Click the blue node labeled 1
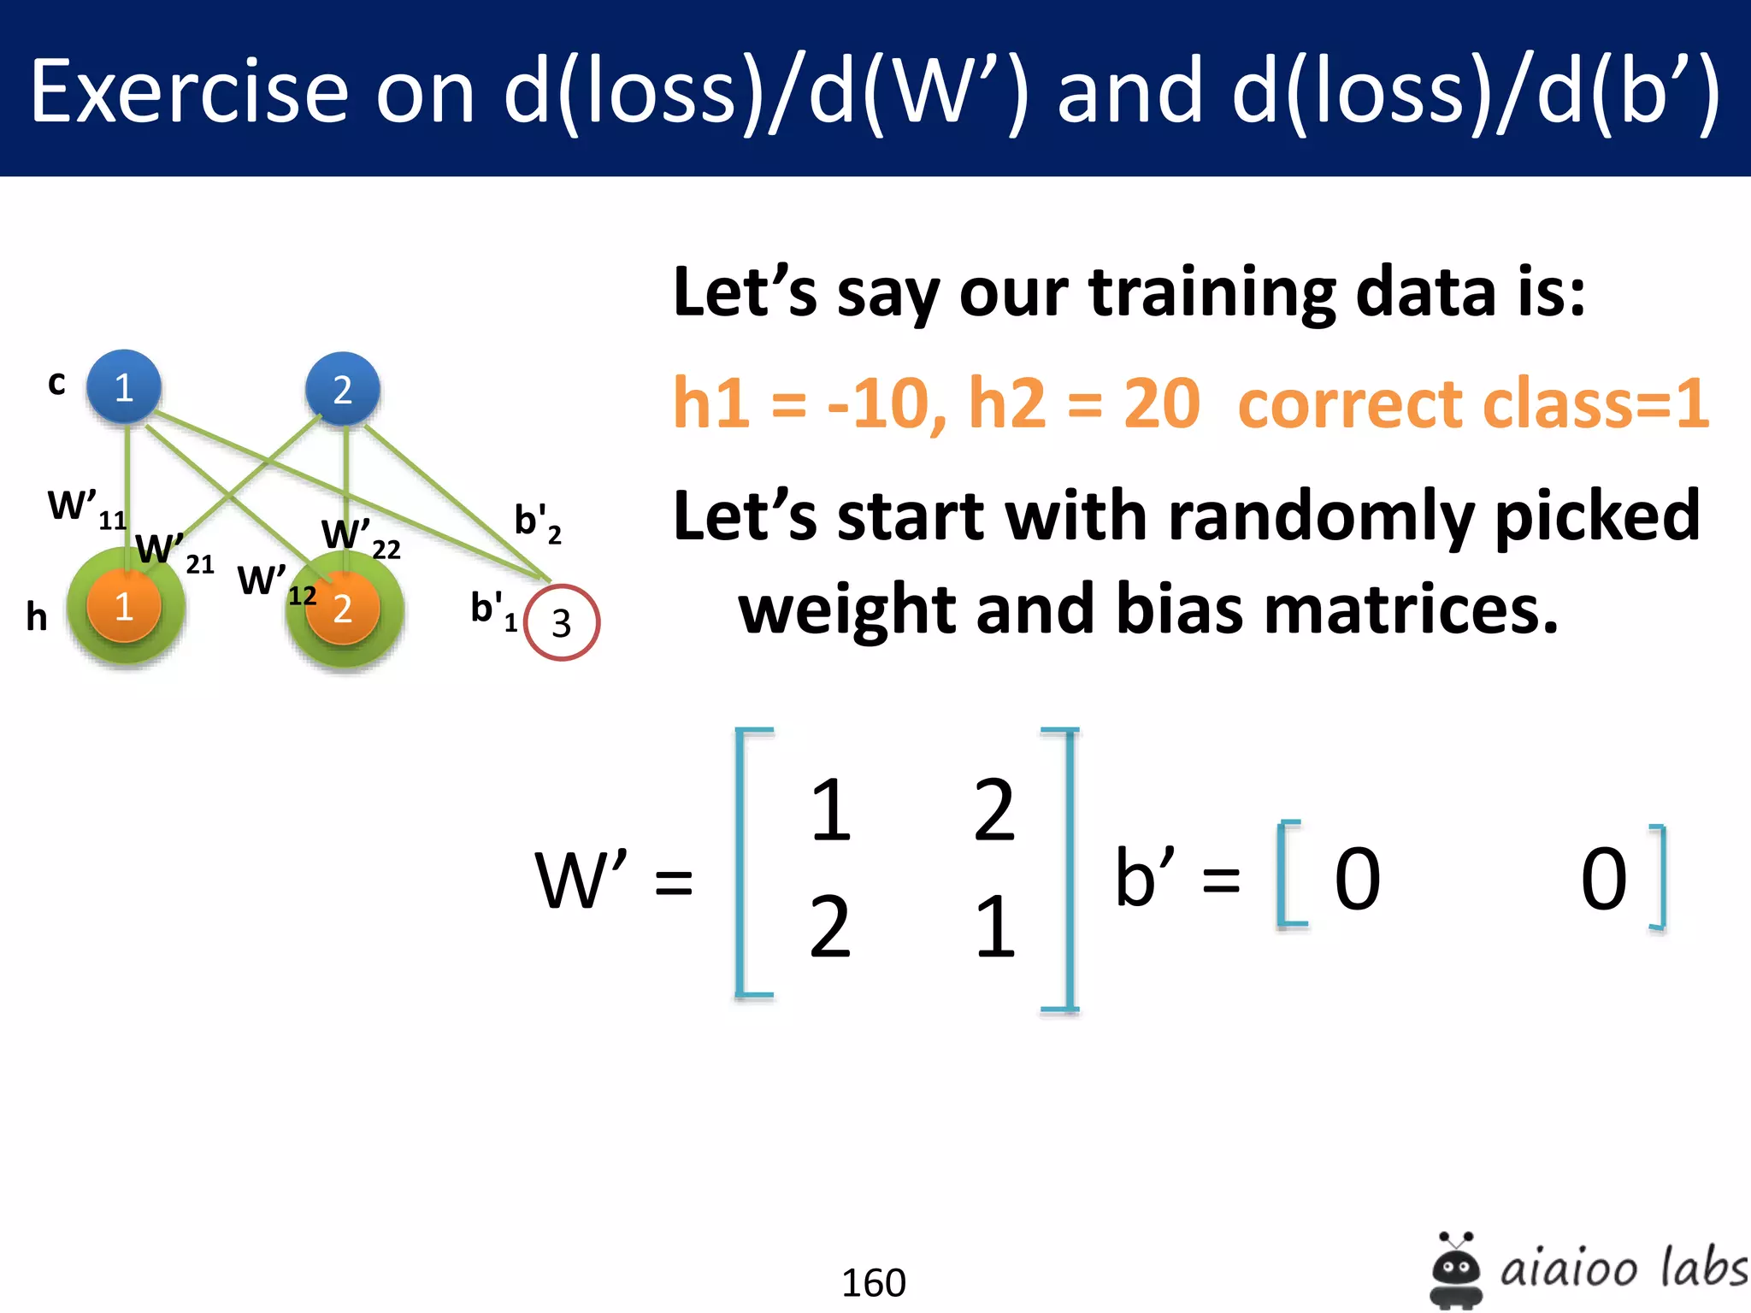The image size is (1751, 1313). pyautogui.click(x=124, y=387)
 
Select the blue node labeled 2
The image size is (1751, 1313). pyautogui.click(x=342, y=390)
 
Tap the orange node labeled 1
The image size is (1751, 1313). pyautogui.click(x=124, y=606)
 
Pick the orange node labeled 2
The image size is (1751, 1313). pyautogui.click(x=343, y=609)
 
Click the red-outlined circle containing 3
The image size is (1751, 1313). pyautogui.click(x=561, y=622)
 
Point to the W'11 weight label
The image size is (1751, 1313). pyautogui.click(x=86, y=509)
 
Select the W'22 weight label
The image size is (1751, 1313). pyautogui.click(x=360, y=538)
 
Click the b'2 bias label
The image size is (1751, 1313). pyautogui.click(x=538, y=522)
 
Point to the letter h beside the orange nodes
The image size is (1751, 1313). pyautogui.click(x=36, y=616)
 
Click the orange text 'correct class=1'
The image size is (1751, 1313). pyautogui.click(x=1472, y=403)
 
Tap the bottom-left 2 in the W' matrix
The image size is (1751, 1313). pyautogui.click(x=830, y=927)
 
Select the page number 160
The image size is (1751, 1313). pyautogui.click(x=873, y=1282)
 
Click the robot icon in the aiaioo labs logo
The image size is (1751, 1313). pyautogui.click(x=1456, y=1270)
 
